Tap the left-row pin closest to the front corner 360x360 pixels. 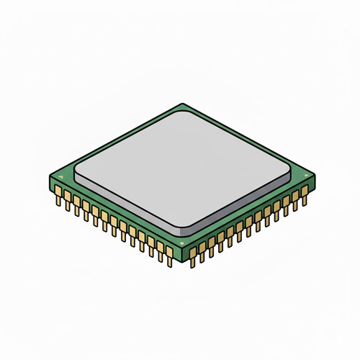[170, 253]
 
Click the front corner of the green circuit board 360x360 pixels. [183, 248]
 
